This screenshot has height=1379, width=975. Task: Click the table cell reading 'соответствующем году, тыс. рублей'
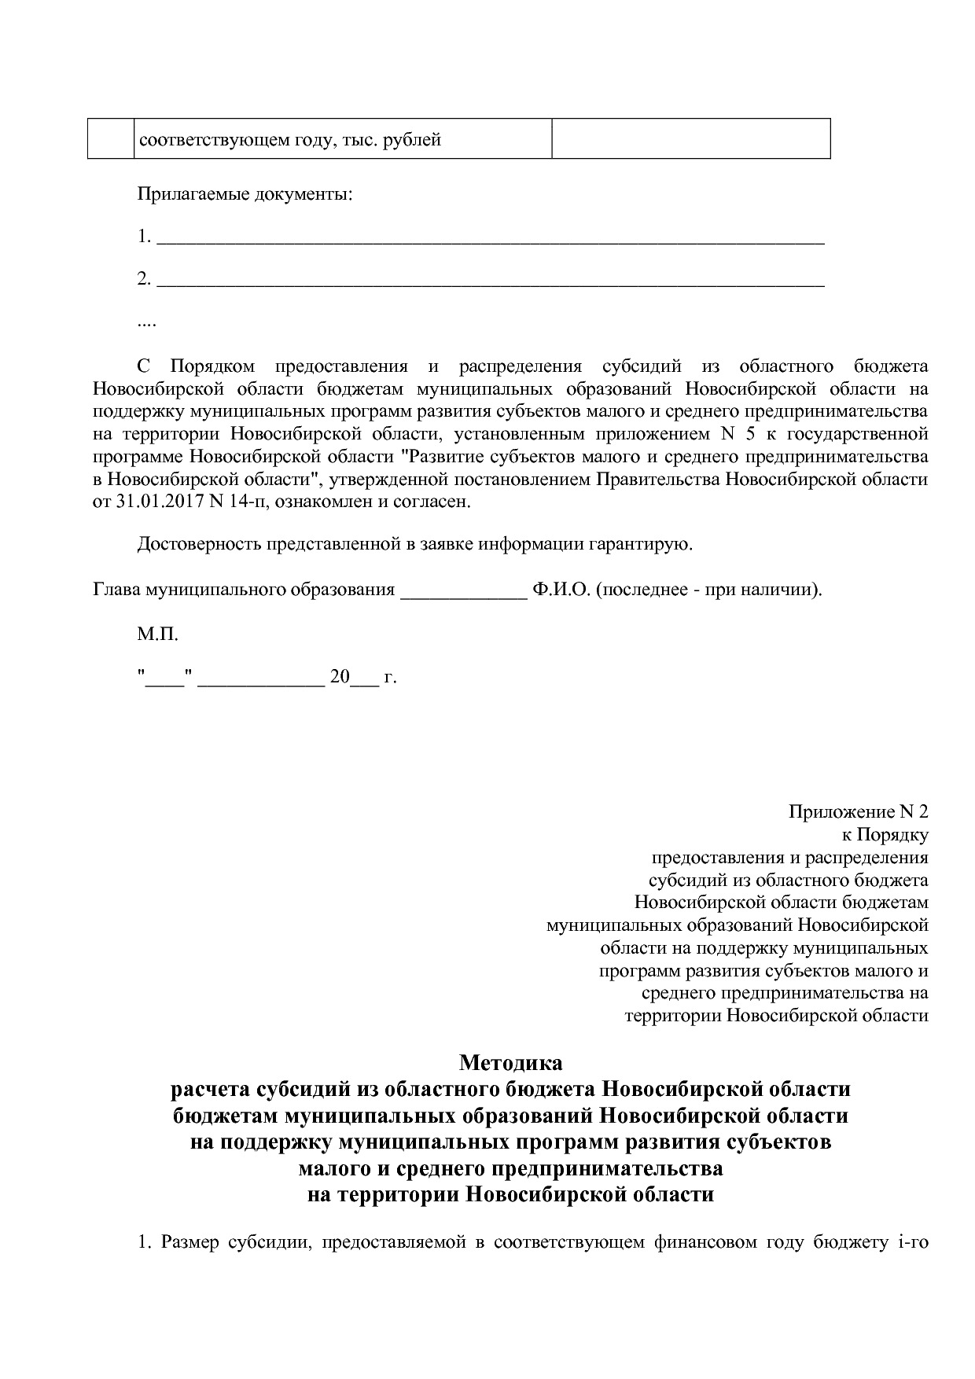pyautogui.click(x=289, y=141)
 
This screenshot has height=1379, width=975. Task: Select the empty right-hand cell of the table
pyautogui.click(x=690, y=139)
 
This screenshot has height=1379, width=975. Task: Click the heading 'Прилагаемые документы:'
pyautogui.click(x=245, y=194)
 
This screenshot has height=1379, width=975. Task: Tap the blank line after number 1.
pyautogui.click(x=491, y=238)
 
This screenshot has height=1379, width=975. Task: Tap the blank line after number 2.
pyautogui.click(x=491, y=281)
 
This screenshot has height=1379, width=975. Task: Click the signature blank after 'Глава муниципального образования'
pyautogui.click(x=463, y=591)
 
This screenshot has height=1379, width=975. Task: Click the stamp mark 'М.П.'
pyautogui.click(x=158, y=634)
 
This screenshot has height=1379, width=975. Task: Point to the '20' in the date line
pyautogui.click(x=339, y=677)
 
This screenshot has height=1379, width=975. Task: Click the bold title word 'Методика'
pyautogui.click(x=510, y=1063)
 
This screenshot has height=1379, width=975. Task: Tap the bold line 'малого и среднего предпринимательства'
pyautogui.click(x=510, y=1168)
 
